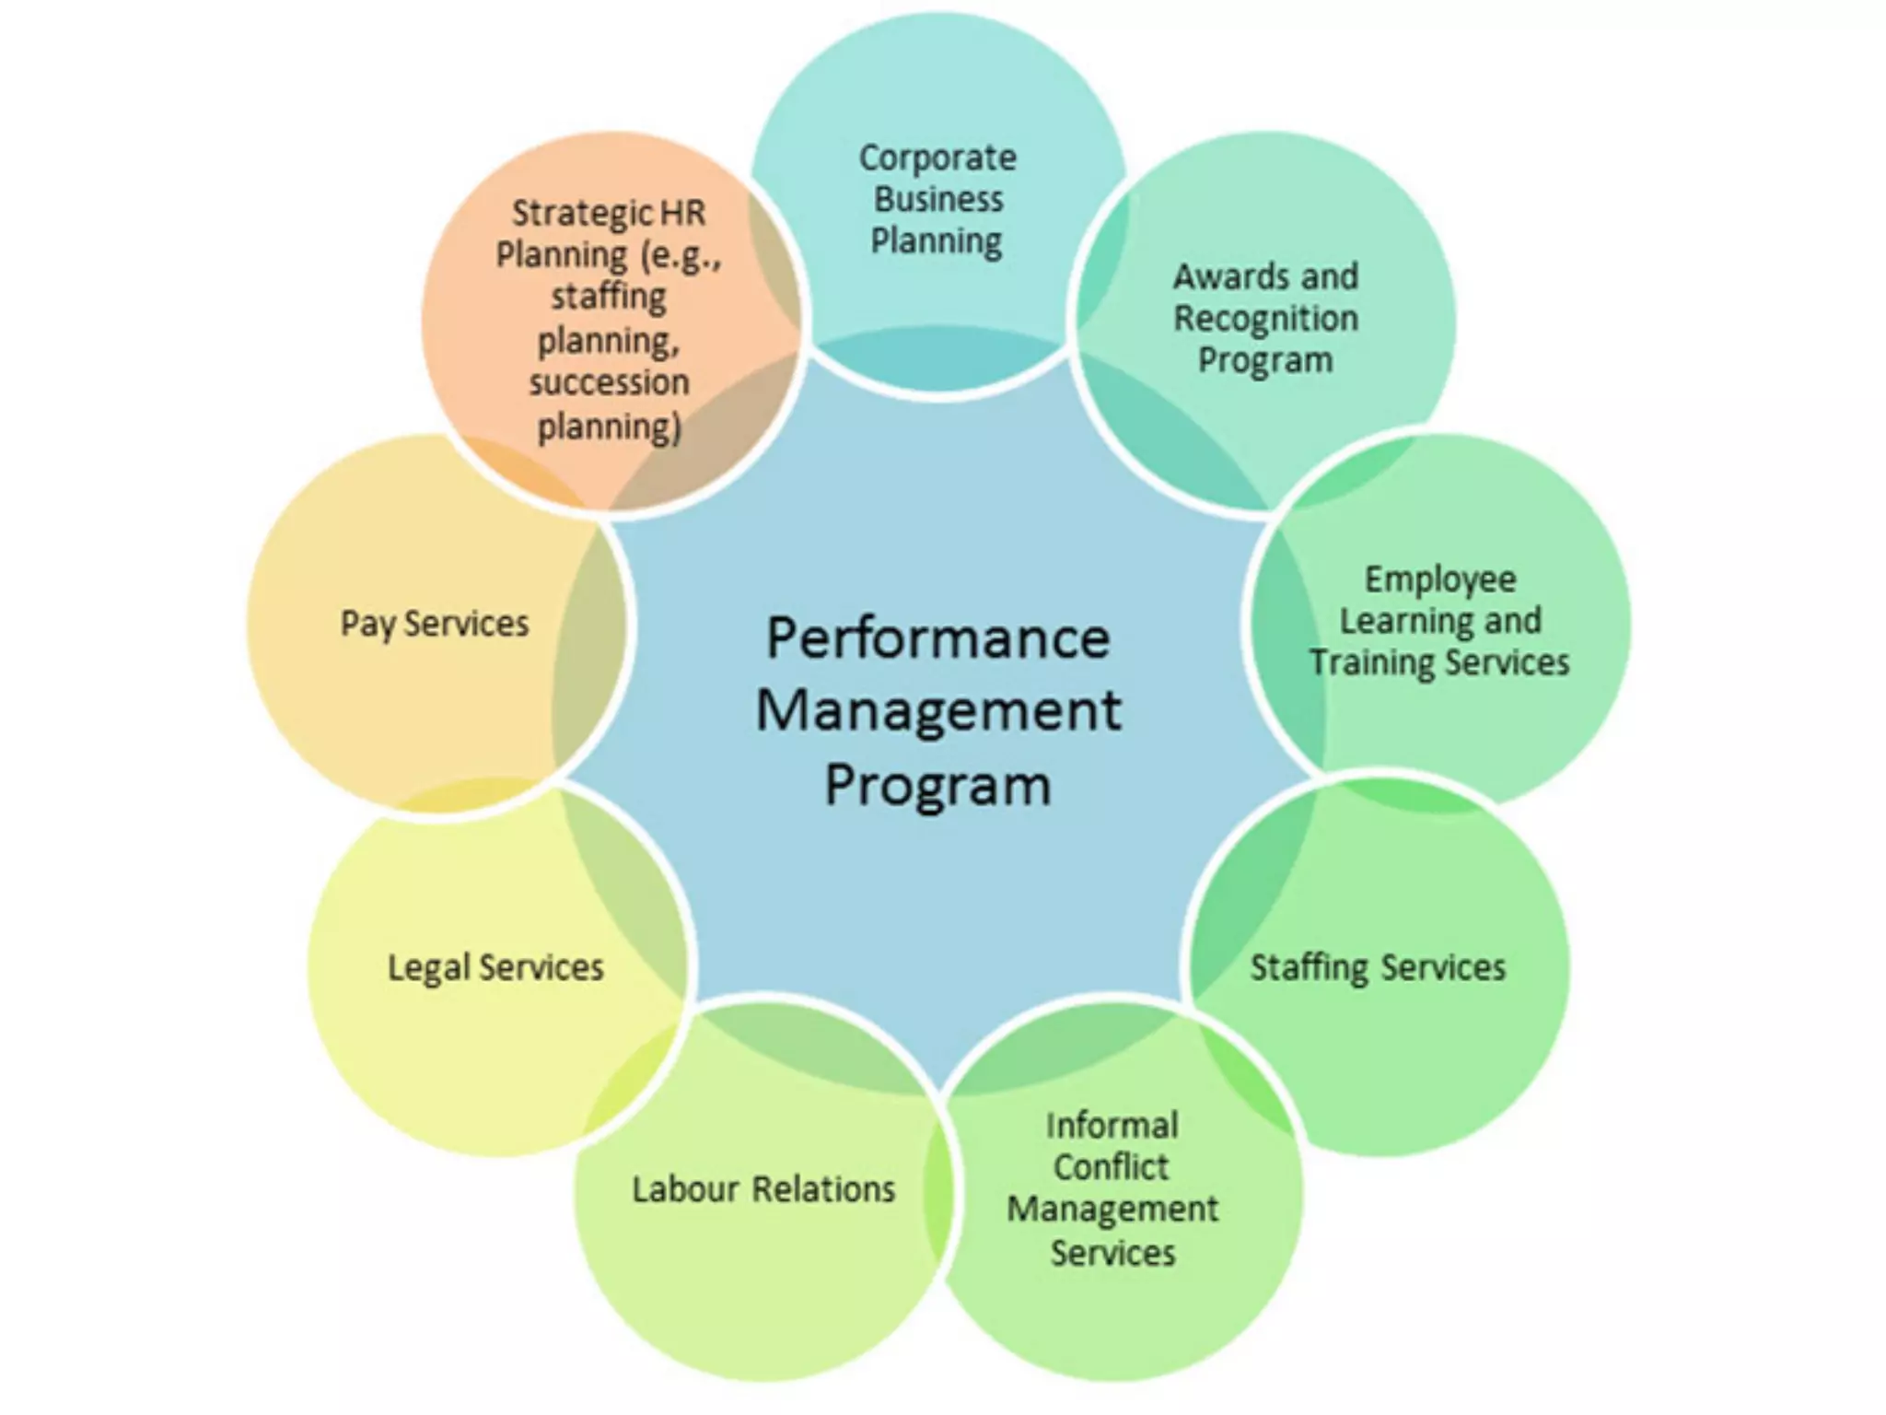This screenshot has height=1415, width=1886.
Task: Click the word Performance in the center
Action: click(x=937, y=638)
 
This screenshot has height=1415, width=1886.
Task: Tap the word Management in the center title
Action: click(x=937, y=712)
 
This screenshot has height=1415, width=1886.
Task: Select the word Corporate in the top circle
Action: click(x=937, y=158)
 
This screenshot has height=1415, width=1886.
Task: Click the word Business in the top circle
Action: click(x=937, y=200)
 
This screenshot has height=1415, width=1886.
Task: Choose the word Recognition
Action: click(x=1265, y=319)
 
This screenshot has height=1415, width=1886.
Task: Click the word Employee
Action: click(x=1439, y=579)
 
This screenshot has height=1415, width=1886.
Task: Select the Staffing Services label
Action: click(x=1377, y=967)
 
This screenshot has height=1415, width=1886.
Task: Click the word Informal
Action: click(x=1112, y=1126)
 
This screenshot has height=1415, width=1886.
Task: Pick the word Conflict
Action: click(x=1111, y=1167)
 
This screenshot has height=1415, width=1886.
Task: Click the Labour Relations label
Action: click(x=763, y=1189)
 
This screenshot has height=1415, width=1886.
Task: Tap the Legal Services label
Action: click(x=495, y=967)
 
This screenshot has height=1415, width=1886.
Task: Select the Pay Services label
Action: click(x=435, y=624)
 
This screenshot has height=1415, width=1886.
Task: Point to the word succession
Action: click(x=609, y=382)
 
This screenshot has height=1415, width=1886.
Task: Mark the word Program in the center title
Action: click(x=937, y=786)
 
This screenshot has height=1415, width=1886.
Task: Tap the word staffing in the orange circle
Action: click(x=609, y=298)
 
